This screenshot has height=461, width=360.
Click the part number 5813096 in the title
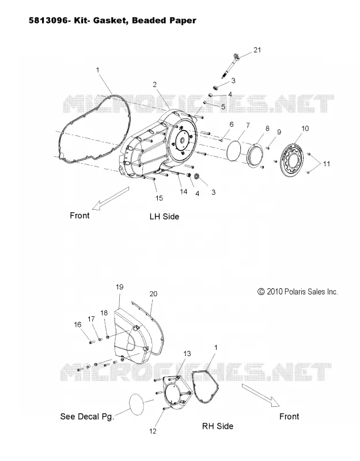pyautogui.click(x=48, y=20)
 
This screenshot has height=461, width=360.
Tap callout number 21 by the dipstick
pyautogui.click(x=257, y=50)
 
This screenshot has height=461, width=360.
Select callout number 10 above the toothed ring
pyautogui.click(x=305, y=129)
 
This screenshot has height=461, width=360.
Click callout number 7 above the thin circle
pyautogui.click(x=248, y=126)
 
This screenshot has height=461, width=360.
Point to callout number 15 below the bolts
pyautogui.click(x=159, y=198)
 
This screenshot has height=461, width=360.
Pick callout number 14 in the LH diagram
pyautogui.click(x=183, y=192)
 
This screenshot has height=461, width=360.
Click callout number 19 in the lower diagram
pyautogui.click(x=119, y=287)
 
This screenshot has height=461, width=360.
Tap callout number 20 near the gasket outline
pyautogui.click(x=153, y=294)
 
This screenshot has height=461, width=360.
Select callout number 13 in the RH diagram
pyautogui.click(x=187, y=354)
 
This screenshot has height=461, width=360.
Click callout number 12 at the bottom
pyautogui.click(x=153, y=431)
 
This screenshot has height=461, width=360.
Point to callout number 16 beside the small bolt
pyautogui.click(x=78, y=324)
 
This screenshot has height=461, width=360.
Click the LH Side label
pyautogui.click(x=164, y=217)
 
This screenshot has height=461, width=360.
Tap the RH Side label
pyautogui.click(x=218, y=426)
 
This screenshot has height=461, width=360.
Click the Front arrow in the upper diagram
pyautogui.click(x=111, y=198)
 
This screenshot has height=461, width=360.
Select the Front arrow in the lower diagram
pyautogui.click(x=261, y=395)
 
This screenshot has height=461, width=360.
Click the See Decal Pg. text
pyautogui.click(x=87, y=417)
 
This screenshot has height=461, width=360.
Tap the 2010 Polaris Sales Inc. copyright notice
pyautogui.click(x=298, y=292)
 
